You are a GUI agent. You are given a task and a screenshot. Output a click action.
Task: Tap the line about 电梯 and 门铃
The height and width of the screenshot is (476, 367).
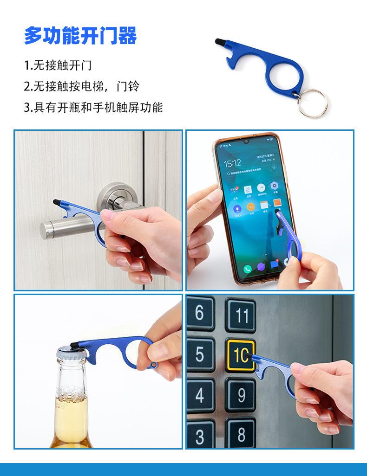pyautogui.click(x=81, y=86)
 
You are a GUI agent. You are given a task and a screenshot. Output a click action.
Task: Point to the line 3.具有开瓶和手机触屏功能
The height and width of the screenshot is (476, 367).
pyautogui.click(x=93, y=108)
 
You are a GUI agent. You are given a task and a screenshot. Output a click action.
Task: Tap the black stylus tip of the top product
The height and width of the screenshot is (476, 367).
pyautogui.click(x=218, y=42)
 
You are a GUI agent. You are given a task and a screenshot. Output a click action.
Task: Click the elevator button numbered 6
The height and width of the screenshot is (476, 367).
pyautogui.click(x=200, y=313)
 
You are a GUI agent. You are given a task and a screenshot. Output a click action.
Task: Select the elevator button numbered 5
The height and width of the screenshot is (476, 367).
pyautogui.click(x=200, y=354)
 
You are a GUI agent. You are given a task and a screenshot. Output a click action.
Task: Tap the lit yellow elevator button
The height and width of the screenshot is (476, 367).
pyautogui.click(x=240, y=356)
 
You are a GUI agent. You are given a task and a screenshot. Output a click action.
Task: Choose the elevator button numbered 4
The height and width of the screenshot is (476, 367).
pyautogui.click(x=200, y=395)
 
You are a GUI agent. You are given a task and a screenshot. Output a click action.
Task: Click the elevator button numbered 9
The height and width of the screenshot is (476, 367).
pyautogui.click(x=241, y=396)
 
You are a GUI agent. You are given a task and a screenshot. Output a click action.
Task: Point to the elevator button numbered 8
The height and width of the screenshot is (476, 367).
pyautogui.click(x=241, y=435)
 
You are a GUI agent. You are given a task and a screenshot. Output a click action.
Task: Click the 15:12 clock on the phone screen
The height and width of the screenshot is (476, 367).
pyautogui.click(x=232, y=163)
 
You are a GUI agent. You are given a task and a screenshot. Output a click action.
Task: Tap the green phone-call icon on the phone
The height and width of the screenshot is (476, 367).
pyautogui.click(x=247, y=269)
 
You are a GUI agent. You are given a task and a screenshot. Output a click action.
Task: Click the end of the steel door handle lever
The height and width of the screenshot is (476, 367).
pyautogui.click(x=46, y=230)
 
